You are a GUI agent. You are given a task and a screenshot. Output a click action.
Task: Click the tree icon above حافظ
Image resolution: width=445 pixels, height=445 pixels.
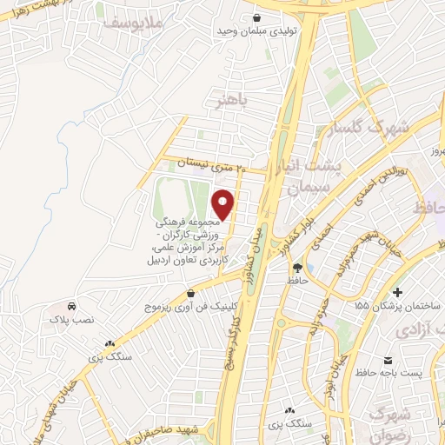point(297,268)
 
